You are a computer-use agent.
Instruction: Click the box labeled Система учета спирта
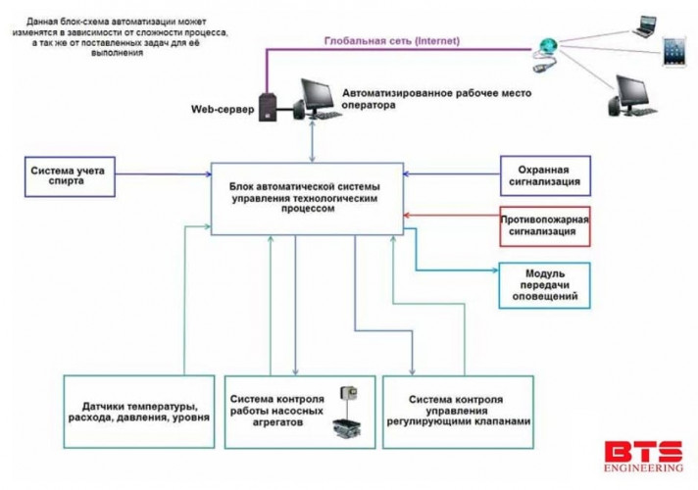[71, 175]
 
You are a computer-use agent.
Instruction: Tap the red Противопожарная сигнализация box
[545, 227]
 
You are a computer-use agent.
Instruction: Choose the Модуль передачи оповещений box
[545, 285]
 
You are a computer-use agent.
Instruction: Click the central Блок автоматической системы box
[305, 197]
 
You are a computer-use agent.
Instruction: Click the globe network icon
[547, 45]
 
